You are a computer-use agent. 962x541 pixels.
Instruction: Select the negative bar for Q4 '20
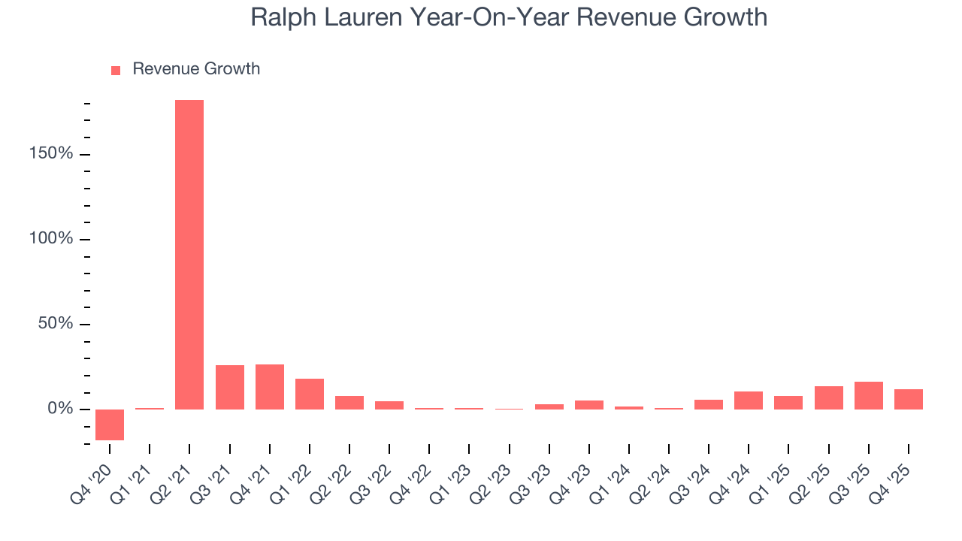point(110,425)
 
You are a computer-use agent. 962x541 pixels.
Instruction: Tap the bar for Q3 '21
point(229,387)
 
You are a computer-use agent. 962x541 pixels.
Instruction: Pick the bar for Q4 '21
point(269,387)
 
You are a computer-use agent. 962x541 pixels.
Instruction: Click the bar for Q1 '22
point(310,394)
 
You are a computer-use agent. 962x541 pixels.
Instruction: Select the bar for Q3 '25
point(869,395)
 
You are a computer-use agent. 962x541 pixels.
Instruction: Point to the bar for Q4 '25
point(909,399)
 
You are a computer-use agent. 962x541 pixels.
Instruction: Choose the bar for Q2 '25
point(829,397)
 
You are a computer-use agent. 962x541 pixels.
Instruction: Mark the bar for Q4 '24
point(749,400)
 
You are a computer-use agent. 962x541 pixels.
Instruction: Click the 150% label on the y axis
point(50,154)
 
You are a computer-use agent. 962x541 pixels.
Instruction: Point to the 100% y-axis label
point(50,239)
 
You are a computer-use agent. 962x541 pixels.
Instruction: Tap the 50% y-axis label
point(54,324)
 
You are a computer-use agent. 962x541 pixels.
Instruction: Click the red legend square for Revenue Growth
point(116,70)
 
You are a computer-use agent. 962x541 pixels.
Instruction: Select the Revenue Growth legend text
point(196,69)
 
